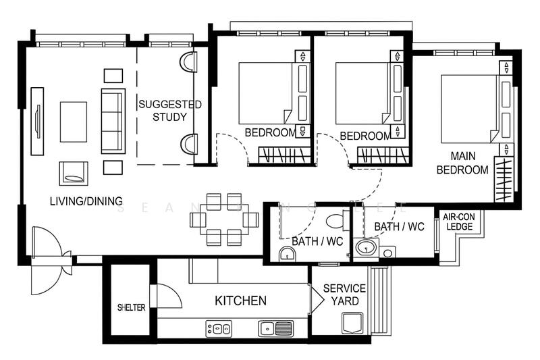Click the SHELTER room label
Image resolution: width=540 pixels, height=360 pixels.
tap(131, 307)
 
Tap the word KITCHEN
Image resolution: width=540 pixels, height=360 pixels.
tap(240, 301)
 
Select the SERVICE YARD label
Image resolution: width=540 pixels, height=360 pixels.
tap(344, 294)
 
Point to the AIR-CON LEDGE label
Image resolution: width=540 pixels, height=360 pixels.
tap(458, 222)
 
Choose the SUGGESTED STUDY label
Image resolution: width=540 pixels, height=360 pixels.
tap(170, 111)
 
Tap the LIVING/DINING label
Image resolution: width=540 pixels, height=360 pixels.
tap(86, 201)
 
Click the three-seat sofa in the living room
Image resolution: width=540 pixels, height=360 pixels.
tap(113, 121)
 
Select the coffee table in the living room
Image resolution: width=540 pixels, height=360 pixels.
tap(74, 122)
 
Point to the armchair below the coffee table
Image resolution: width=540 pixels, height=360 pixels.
tap(73, 173)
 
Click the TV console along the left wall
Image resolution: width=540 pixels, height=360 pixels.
tap(37, 121)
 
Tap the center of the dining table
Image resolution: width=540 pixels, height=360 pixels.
tap(224, 219)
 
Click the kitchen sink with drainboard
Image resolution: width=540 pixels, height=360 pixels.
tap(276, 328)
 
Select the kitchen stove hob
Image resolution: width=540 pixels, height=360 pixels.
tap(218, 329)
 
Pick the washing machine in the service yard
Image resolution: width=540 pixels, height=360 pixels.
tap(352, 324)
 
